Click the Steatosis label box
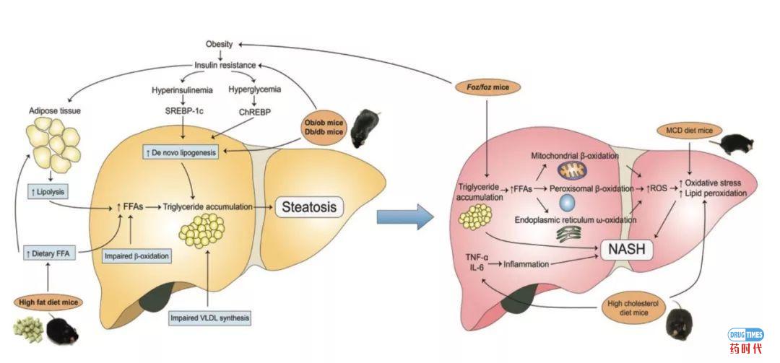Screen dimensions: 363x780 (x=308, y=206)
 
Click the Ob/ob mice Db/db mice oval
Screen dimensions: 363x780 (x=324, y=128)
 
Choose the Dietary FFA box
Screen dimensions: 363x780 (x=46, y=253)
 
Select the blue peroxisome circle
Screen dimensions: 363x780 (x=568, y=201)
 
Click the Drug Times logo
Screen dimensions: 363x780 (x=745, y=339)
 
